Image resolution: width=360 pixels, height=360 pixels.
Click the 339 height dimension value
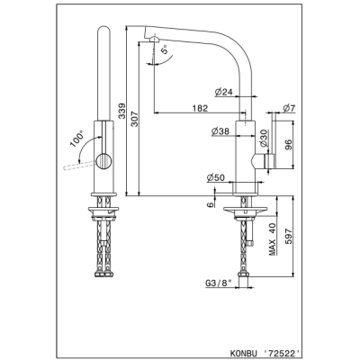click(121, 111)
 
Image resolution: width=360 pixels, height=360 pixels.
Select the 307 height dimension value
click(134, 119)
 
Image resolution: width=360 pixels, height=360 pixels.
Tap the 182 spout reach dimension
click(200, 108)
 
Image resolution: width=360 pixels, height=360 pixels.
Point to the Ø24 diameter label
click(224, 93)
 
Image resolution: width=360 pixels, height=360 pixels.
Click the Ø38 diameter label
click(220, 131)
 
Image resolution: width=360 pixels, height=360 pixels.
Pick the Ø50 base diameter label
click(215, 178)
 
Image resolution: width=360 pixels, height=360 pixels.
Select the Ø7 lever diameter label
click(290, 108)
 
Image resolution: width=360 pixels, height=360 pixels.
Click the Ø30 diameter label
click(264, 138)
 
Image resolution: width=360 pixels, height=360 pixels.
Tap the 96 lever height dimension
click(288, 145)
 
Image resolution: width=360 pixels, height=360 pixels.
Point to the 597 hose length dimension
click(288, 236)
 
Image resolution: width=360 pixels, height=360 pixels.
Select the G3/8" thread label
click(219, 283)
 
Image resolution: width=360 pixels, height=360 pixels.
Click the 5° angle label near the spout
click(165, 49)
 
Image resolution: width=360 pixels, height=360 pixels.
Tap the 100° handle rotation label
click(76, 139)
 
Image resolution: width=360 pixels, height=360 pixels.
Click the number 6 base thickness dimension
click(211, 204)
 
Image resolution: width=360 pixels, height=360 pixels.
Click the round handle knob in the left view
click(103, 162)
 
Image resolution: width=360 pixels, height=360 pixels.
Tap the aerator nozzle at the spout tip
click(154, 40)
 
